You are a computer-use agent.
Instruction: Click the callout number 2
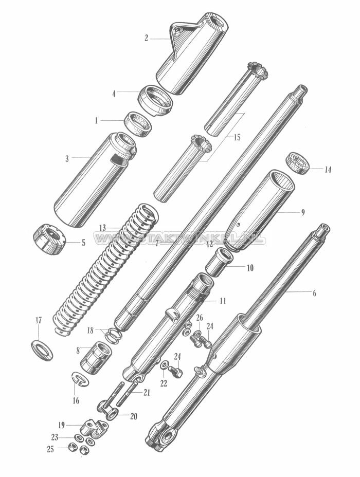point(146,38)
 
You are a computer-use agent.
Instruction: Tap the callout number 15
point(237,138)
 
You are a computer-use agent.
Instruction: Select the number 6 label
point(314,293)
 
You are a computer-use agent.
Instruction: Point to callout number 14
point(328,169)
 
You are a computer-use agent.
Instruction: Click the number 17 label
point(38,320)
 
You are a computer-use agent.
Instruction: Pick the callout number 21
point(147,393)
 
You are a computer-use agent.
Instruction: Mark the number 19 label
point(61,425)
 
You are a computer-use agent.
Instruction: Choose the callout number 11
point(222,300)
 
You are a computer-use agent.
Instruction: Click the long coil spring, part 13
point(103,272)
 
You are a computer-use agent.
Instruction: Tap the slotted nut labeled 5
point(49,241)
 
